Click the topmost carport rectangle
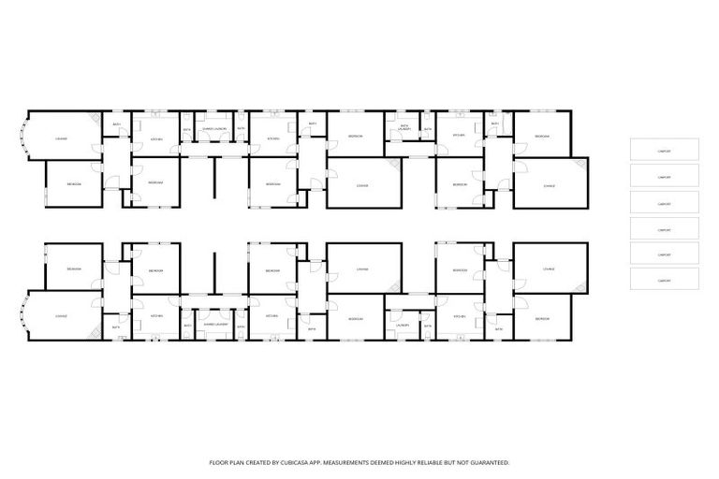(664, 149)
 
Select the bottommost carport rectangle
(664, 279)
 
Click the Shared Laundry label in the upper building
(214, 128)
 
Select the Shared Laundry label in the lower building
(214, 325)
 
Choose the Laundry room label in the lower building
(403, 325)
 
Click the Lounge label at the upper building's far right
(549, 185)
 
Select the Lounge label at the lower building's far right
(549, 269)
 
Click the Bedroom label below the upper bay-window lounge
(73, 184)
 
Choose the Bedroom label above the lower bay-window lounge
(73, 269)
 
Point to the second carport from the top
(664, 175)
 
